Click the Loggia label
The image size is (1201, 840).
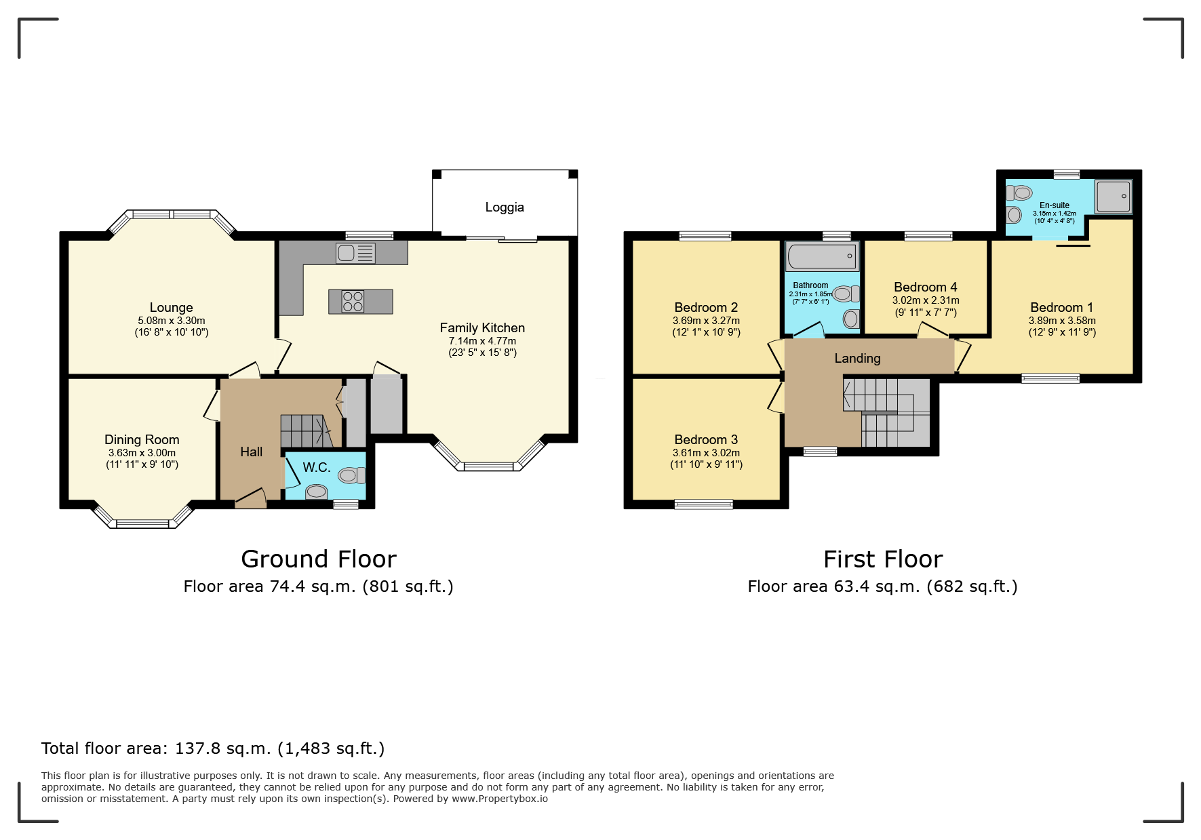tap(505, 207)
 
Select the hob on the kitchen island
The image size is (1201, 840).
tap(353, 301)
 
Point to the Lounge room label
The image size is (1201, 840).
tap(172, 308)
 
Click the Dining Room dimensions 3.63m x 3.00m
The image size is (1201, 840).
tap(142, 453)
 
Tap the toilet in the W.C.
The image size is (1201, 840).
tap(352, 475)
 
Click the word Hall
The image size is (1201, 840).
tap(251, 452)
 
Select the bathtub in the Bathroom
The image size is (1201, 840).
tap(822, 256)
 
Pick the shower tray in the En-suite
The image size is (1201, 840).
tap(1114, 197)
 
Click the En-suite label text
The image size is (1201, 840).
tap(1055, 205)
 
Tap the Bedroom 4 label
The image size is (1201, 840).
tap(926, 287)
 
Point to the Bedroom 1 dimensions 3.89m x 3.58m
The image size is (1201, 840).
tap(1062, 321)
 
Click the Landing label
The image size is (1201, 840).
tap(858, 359)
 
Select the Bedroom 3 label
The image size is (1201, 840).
tap(706, 440)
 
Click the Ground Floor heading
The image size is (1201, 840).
tap(319, 559)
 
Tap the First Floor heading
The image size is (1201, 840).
tap(883, 559)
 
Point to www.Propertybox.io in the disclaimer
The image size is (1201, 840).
tap(500, 799)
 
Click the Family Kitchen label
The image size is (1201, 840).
tap(482, 328)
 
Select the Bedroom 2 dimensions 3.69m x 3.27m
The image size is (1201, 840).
tap(706, 321)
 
